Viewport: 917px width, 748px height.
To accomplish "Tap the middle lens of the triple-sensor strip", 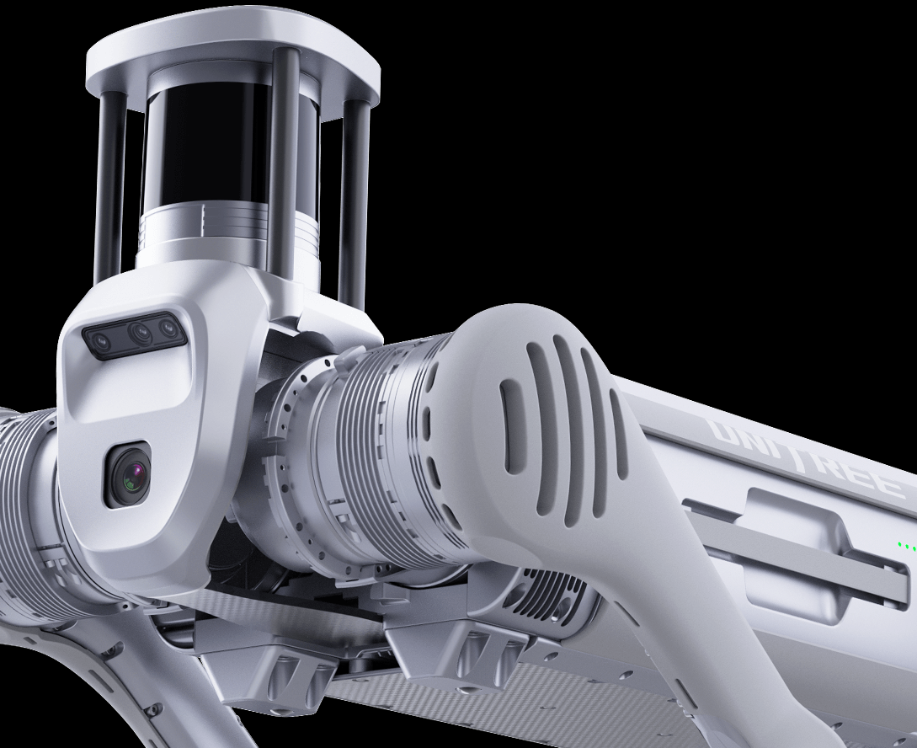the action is point(141,332).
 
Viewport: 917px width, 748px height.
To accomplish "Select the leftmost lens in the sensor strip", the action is point(101,339).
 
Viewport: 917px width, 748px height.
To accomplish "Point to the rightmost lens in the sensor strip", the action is point(168,324).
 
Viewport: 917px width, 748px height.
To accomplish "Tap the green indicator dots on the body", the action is point(906,546).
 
